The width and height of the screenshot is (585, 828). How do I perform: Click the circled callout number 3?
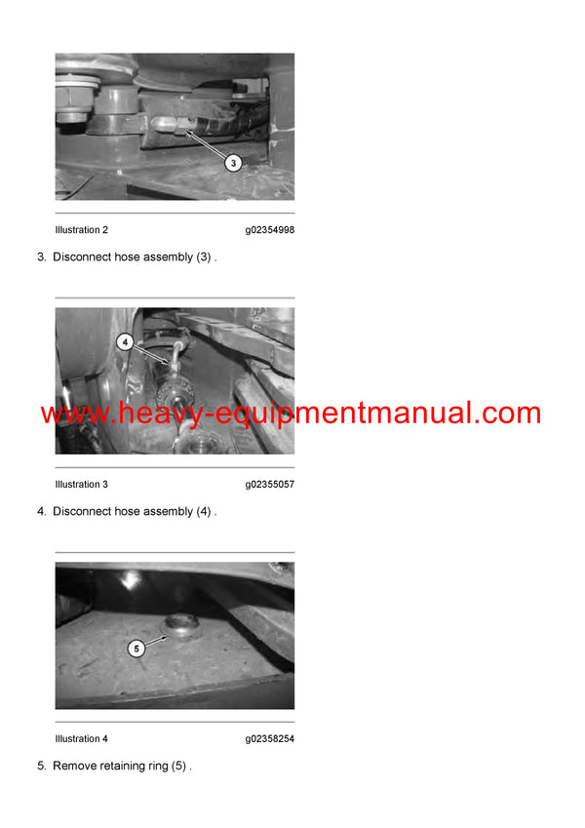pyautogui.click(x=233, y=163)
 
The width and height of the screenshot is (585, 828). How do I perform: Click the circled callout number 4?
pyautogui.click(x=125, y=342)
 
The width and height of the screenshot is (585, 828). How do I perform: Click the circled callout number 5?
pyautogui.click(x=136, y=648)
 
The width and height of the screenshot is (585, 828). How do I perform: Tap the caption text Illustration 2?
pyautogui.click(x=82, y=230)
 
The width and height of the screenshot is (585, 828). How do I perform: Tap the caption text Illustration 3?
pyautogui.click(x=82, y=485)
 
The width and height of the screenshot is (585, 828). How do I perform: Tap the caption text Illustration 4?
pyautogui.click(x=82, y=739)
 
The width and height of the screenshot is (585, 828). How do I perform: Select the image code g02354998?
pyautogui.click(x=269, y=230)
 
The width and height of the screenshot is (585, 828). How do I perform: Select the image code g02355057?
pyautogui.click(x=269, y=485)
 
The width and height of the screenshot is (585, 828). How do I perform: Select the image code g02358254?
pyautogui.click(x=269, y=739)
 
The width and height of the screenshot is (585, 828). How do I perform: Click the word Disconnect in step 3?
pyautogui.click(x=82, y=257)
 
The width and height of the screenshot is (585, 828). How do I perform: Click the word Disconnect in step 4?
pyautogui.click(x=82, y=512)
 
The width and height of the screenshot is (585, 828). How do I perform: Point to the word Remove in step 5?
pyautogui.click(x=74, y=767)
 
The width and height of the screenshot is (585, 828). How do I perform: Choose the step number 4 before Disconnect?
pyautogui.click(x=41, y=512)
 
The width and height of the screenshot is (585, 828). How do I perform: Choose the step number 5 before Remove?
pyautogui.click(x=41, y=767)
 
